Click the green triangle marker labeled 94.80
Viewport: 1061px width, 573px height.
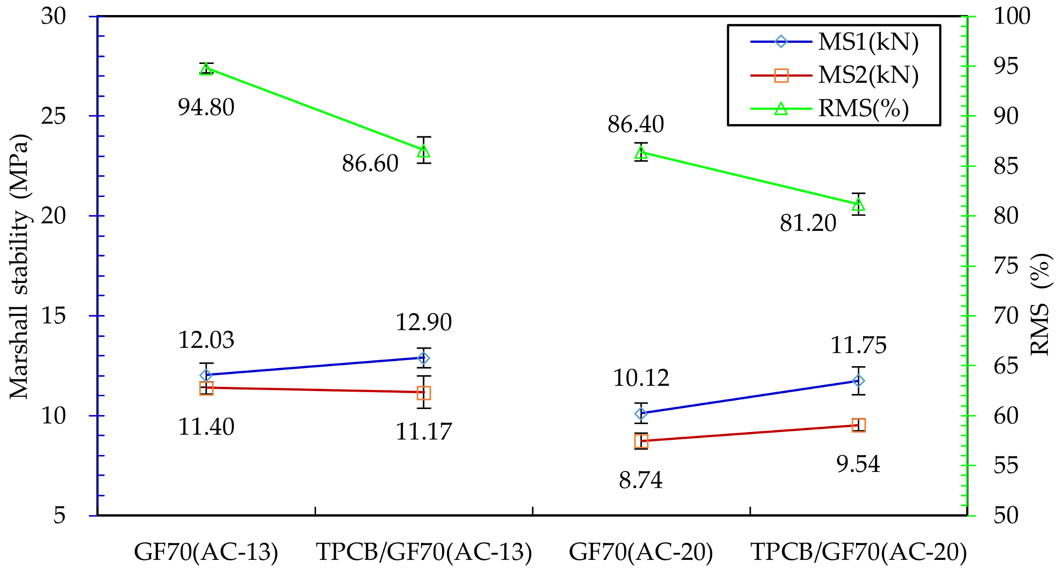point(206,69)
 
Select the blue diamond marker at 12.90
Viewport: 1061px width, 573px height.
point(424,358)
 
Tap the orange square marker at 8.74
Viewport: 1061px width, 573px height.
point(641,441)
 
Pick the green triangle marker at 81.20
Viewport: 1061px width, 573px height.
point(859,204)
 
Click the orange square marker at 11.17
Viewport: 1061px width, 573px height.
point(424,393)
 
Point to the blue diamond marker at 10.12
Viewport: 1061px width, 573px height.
point(641,414)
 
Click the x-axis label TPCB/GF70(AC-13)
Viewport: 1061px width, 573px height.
point(424,552)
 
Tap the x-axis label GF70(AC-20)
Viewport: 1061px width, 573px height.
point(641,552)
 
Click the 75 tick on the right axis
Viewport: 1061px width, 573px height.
point(1006,267)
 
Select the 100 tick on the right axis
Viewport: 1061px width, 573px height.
point(1012,16)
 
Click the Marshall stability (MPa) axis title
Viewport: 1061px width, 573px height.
point(19,266)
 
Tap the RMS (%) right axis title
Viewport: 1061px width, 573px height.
point(1040,305)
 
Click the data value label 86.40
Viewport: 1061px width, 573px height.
point(635,125)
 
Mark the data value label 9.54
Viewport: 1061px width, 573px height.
point(858,464)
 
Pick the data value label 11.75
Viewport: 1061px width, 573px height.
point(858,345)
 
